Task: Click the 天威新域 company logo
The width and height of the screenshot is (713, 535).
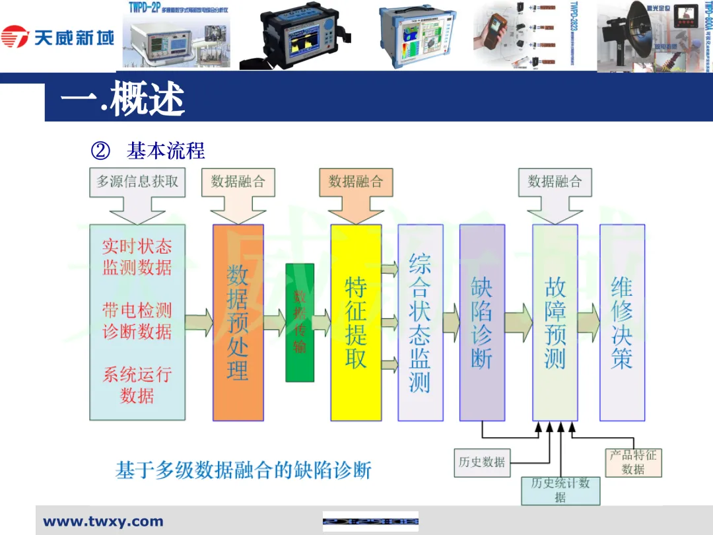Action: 58,36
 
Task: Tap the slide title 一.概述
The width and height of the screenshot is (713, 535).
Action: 123,100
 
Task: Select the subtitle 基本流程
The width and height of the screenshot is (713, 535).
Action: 166,151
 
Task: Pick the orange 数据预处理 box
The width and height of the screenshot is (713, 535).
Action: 238,322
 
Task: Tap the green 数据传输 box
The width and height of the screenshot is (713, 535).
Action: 300,322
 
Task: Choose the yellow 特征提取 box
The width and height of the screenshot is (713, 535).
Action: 356,322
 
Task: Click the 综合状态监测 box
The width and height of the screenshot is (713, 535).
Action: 420,322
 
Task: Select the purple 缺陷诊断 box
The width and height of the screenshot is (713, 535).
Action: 482,322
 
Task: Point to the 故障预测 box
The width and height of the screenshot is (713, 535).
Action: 555,322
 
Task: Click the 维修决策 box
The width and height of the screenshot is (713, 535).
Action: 622,322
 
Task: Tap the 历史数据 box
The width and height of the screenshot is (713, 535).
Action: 482,462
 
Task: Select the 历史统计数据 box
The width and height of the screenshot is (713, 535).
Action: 560,490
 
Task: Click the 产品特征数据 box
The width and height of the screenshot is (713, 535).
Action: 633,462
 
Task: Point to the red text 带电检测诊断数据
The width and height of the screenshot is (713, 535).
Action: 137,320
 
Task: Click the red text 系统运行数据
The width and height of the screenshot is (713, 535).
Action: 137,385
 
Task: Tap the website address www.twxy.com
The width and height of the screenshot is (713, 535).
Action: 103,522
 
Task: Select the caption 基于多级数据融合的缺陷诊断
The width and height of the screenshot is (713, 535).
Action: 244,471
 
